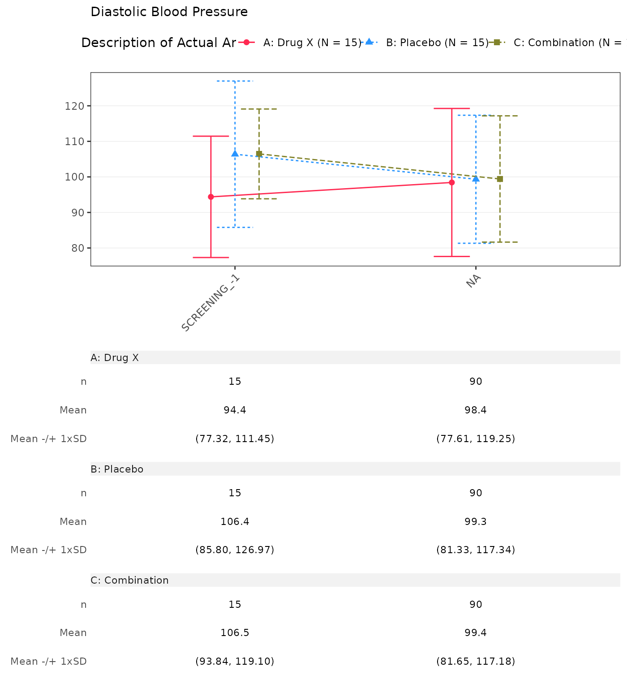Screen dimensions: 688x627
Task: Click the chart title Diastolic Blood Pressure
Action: (x=169, y=12)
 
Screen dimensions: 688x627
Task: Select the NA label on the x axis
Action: (x=473, y=282)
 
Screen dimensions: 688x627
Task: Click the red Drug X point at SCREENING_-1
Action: (x=211, y=197)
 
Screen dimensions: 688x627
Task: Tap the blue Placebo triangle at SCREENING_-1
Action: (x=235, y=154)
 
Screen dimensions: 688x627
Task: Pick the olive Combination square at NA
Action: (x=500, y=179)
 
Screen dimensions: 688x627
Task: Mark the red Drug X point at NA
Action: (x=452, y=182)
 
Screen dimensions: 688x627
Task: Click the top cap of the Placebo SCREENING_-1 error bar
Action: (x=235, y=81)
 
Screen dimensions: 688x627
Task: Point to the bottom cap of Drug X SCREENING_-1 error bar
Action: (x=211, y=258)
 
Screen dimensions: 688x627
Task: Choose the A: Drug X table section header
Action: (x=115, y=358)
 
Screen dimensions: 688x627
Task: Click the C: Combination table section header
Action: (x=129, y=580)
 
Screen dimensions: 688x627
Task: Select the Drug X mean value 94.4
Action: (x=235, y=410)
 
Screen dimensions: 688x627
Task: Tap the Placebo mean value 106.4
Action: (x=235, y=522)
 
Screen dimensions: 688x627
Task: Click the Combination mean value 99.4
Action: (x=476, y=633)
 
